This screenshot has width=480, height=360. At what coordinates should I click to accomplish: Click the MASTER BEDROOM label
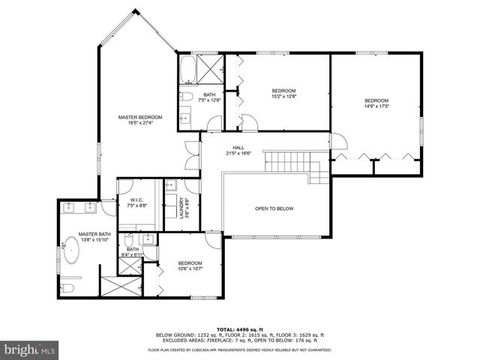(140, 117)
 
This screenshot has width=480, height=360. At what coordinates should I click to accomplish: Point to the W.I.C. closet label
(136, 200)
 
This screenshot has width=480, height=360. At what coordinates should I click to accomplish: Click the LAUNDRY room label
(181, 207)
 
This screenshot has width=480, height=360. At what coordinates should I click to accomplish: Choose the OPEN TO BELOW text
(274, 208)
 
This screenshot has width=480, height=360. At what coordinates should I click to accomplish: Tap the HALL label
(238, 148)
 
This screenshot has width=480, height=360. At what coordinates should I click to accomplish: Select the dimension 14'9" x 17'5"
(376, 106)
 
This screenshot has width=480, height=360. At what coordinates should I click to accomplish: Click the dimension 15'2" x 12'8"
(284, 95)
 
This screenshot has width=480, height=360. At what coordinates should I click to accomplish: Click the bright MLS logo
(30, 349)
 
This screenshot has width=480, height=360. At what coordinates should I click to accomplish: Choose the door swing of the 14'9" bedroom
(338, 140)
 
